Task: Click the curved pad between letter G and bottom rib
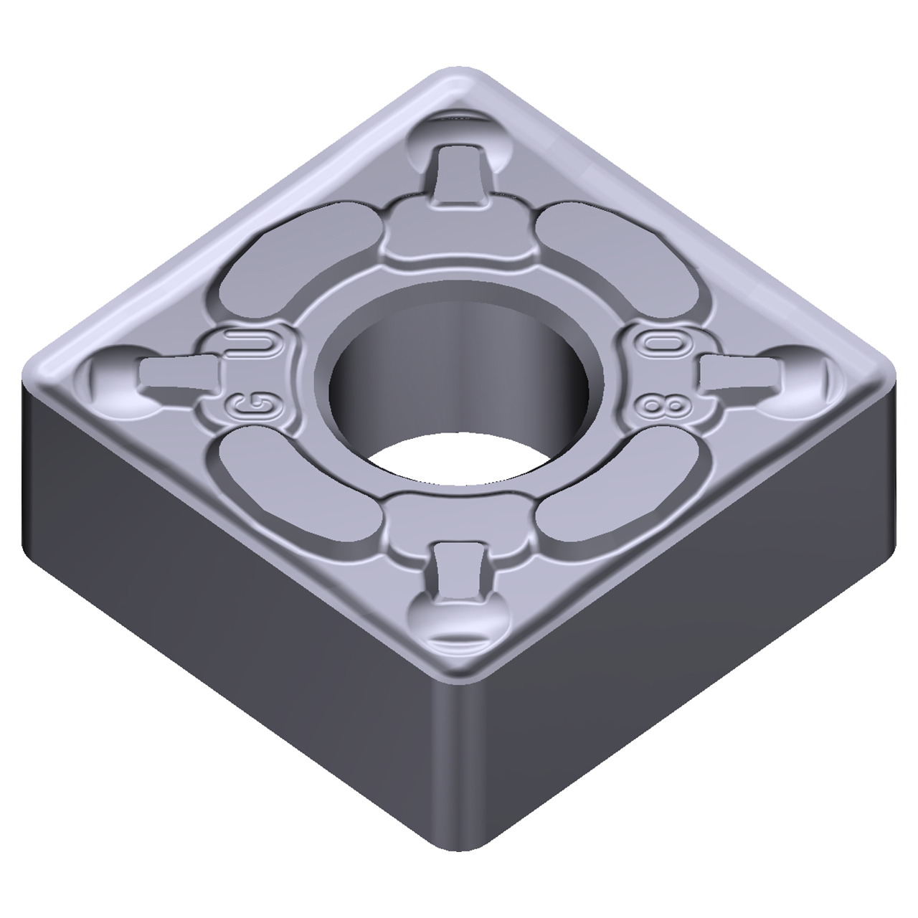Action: [294, 488]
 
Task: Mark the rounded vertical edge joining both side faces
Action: [459, 789]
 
